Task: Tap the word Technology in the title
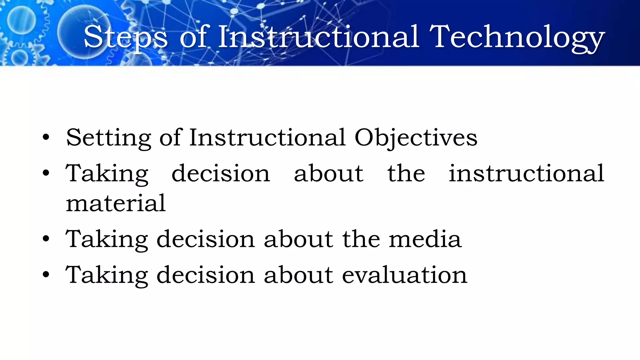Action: (x=517, y=37)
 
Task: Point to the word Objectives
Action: (x=416, y=138)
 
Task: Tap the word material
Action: (x=116, y=203)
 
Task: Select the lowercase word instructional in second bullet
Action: (x=526, y=173)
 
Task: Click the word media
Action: (x=425, y=239)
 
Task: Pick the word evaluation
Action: (x=404, y=275)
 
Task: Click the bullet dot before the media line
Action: (x=46, y=239)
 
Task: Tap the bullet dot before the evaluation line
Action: (x=46, y=275)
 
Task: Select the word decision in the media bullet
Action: (x=206, y=239)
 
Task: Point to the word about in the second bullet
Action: (x=328, y=173)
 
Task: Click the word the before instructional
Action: (x=406, y=173)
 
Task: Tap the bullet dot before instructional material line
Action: (x=46, y=173)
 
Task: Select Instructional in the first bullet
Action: (x=267, y=138)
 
